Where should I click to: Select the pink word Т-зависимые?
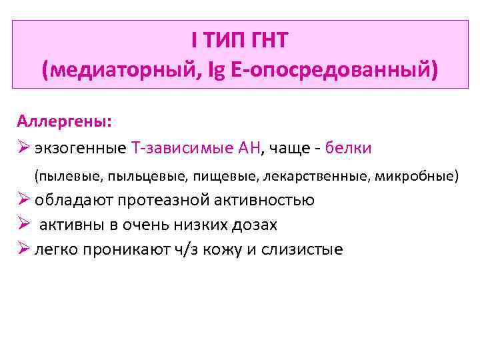(174, 148)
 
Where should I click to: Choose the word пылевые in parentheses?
(64, 176)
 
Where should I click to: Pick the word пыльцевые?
(137, 176)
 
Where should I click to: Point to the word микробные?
(417, 176)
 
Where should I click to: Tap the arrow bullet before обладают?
(23, 200)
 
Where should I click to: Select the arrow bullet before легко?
(23, 249)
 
